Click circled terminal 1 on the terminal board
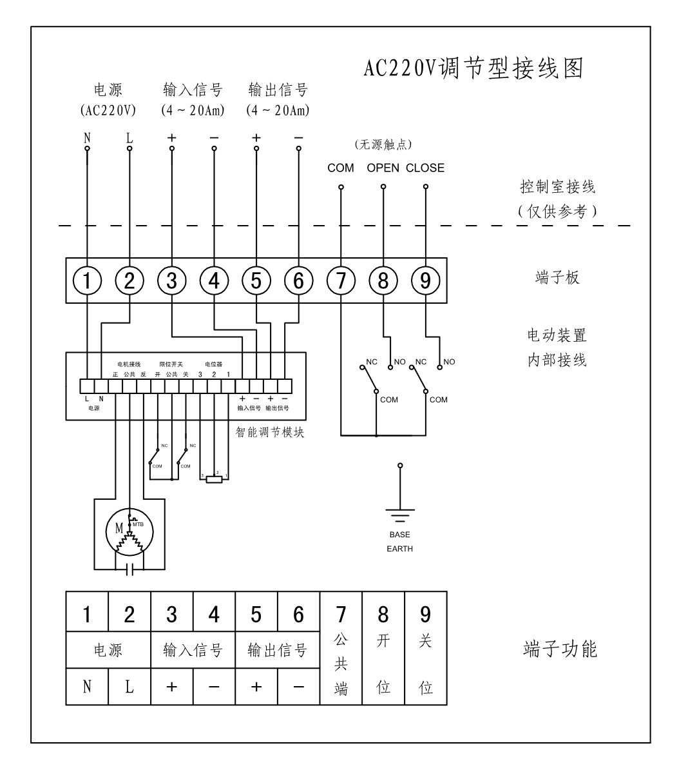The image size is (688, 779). pos(87,281)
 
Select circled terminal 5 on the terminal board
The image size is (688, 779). pos(256,281)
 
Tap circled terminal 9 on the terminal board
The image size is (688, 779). pos(425,281)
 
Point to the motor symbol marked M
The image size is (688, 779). pos(129,531)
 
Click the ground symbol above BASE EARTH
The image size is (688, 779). pos(399,514)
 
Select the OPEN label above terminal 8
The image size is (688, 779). pos(383,168)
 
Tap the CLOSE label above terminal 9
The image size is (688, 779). pos(425,168)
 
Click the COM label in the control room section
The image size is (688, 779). pos(340,168)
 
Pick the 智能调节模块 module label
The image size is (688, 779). pos(270,433)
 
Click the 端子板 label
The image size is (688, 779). pos(557,278)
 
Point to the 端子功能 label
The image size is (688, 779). pos(559,649)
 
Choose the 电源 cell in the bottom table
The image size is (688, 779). pos(108,651)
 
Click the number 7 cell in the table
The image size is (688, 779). pos(341,613)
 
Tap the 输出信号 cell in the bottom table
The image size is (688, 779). pos(277,651)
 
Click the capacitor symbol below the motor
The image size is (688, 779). pos(129,570)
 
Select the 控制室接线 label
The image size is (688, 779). pos(557,187)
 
